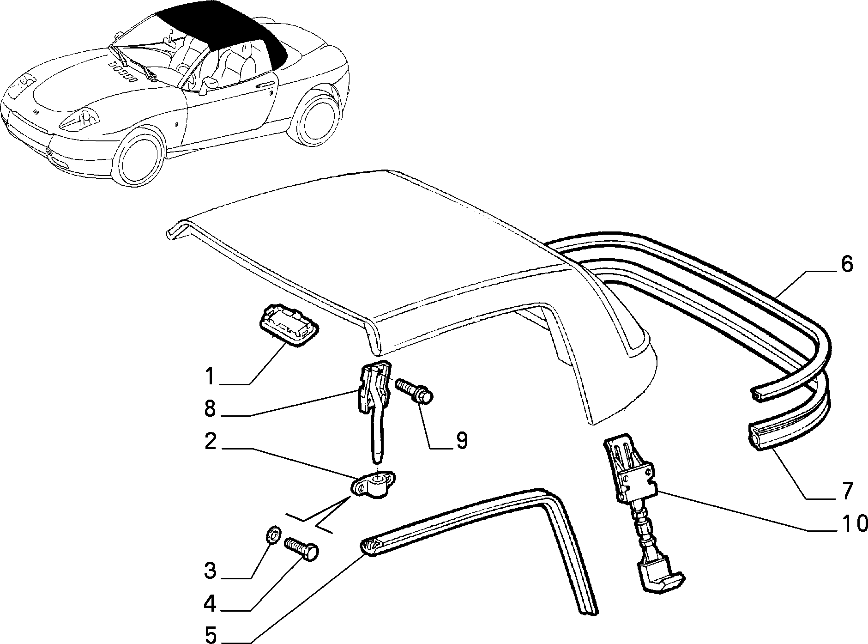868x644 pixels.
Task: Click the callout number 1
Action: [210, 377]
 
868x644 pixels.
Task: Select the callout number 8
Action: [210, 409]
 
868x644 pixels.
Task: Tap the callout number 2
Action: [210, 443]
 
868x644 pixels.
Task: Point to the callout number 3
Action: [210, 571]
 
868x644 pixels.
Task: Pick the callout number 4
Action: [210, 604]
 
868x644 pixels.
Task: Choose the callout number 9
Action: [461, 441]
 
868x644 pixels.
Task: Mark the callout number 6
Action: [847, 265]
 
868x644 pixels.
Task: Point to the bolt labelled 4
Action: [302, 548]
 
